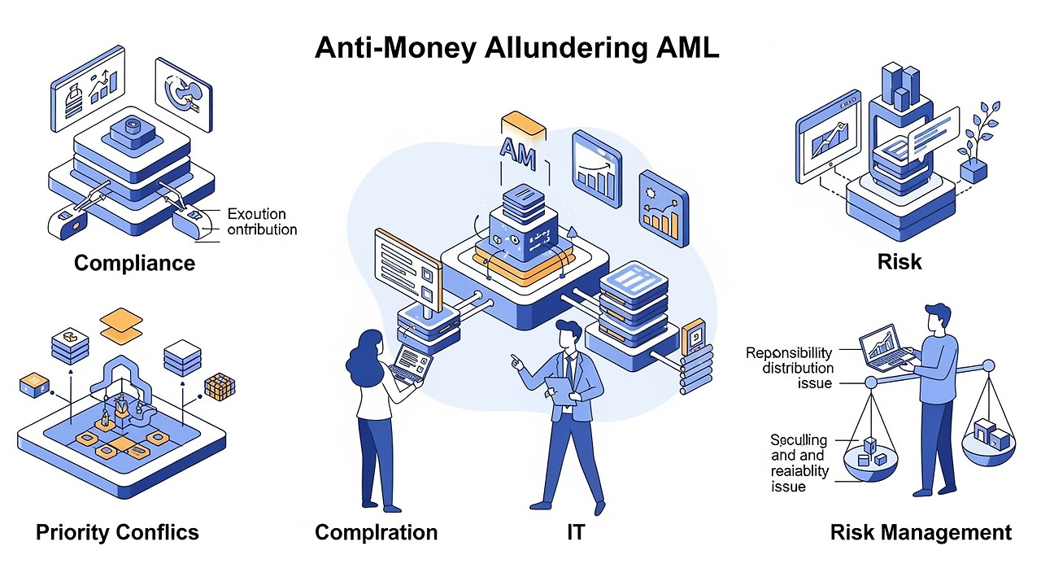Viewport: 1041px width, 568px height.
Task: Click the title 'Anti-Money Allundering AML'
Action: [516, 48]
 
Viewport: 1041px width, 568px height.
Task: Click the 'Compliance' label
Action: [134, 264]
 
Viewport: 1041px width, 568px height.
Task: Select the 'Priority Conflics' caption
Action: [117, 532]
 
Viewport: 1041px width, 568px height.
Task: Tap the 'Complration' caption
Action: [376, 532]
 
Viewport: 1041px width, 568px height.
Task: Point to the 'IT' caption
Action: [575, 532]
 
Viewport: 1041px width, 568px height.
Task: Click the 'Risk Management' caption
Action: [921, 532]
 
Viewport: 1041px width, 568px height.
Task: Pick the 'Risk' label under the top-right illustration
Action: [899, 262]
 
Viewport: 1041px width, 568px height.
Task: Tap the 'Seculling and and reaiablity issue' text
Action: [799, 463]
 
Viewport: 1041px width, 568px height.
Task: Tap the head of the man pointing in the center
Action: [569, 335]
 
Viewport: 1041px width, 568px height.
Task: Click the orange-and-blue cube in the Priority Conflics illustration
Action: [219, 387]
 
